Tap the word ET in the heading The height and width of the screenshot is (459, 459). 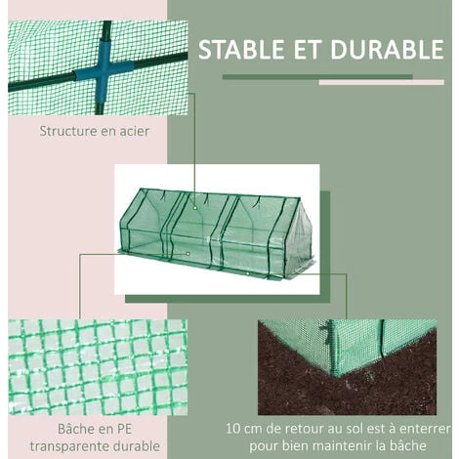(312, 50)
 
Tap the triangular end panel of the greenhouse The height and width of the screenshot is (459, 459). (295, 234)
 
